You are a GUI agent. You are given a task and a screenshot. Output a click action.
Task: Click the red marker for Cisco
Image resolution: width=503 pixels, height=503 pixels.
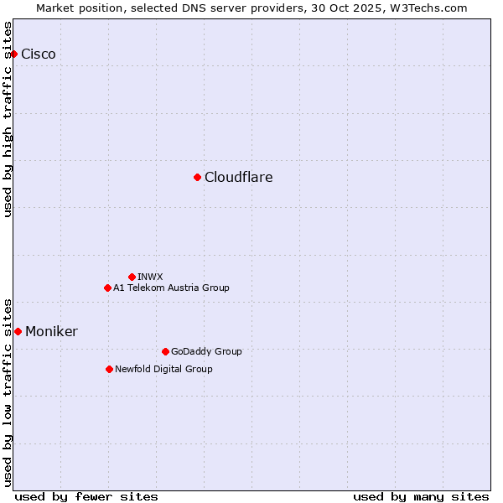(x=13, y=54)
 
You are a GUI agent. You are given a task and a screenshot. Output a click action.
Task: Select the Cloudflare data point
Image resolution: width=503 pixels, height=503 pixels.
(x=197, y=177)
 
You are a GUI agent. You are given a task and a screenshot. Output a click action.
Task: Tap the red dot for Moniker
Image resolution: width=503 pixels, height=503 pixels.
(x=18, y=331)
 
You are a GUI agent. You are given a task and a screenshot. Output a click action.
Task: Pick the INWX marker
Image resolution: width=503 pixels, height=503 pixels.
(x=132, y=277)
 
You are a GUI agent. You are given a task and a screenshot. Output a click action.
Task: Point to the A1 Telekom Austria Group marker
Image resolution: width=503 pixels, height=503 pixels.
(x=107, y=288)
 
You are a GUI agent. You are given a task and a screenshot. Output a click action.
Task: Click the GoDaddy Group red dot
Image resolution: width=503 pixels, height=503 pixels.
(x=165, y=351)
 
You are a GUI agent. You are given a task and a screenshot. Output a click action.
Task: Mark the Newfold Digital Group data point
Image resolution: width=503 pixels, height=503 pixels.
(x=109, y=369)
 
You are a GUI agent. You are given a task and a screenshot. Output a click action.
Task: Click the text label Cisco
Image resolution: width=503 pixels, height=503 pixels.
(x=39, y=54)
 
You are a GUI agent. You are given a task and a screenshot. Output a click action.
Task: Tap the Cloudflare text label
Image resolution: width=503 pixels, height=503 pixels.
(x=239, y=178)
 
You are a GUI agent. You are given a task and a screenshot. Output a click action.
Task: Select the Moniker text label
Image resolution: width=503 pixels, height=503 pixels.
(x=51, y=332)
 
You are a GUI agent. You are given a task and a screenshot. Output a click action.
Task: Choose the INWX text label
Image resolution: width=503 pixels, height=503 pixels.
(x=150, y=277)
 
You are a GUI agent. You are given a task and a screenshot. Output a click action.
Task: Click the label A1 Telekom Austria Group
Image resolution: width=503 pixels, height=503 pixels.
(x=171, y=288)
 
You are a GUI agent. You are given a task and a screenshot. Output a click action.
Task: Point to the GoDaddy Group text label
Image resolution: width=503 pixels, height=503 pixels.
(x=206, y=351)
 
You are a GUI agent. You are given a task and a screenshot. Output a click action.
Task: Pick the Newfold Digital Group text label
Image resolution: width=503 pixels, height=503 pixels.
(x=163, y=369)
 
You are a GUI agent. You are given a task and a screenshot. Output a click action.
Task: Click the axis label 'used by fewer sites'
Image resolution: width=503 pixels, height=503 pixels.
(x=86, y=496)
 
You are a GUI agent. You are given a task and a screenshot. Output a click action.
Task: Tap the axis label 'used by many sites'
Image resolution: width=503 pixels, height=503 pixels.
(x=421, y=496)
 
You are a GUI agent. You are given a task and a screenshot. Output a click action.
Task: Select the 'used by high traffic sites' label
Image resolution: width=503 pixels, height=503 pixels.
(x=8, y=119)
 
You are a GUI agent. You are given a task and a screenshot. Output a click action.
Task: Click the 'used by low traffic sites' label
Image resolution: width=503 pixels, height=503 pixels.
(x=8, y=392)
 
